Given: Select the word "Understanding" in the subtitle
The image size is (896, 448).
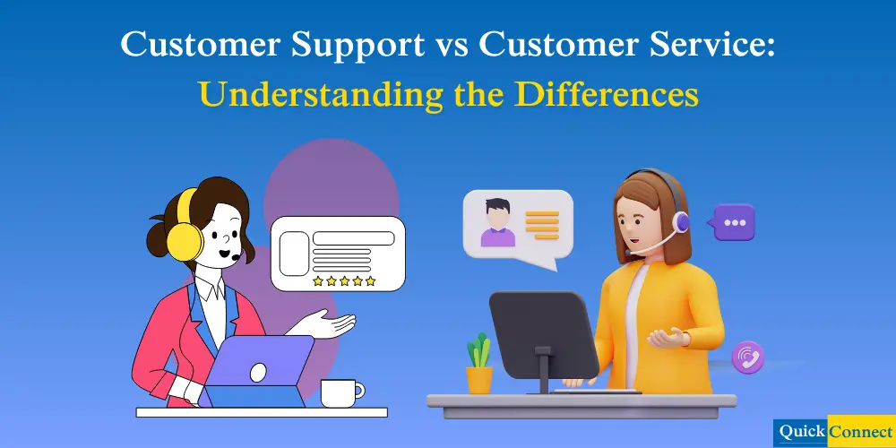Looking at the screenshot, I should (314, 94).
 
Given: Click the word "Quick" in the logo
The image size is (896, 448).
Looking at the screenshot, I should (802, 430).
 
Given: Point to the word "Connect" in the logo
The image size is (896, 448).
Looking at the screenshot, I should (861, 430).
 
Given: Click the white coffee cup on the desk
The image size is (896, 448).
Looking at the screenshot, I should (340, 392).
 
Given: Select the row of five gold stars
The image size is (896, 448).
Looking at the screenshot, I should (344, 281).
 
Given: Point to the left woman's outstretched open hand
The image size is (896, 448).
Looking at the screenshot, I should (333, 323).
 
